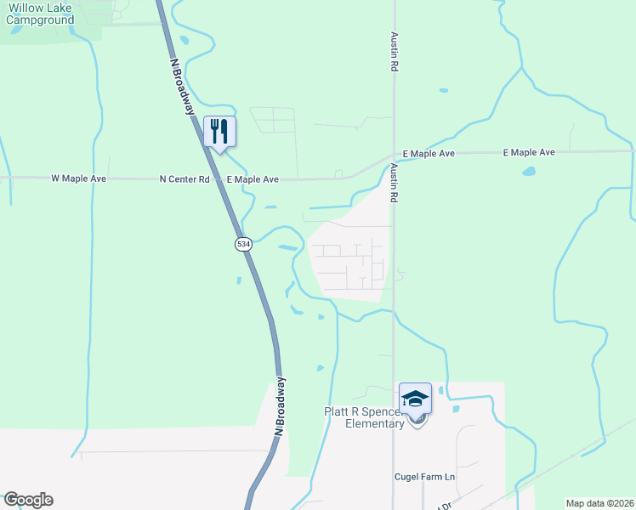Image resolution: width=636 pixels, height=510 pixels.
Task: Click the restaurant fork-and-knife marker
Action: tap(220, 131)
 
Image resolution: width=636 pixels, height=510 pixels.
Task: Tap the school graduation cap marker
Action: tap(416, 399)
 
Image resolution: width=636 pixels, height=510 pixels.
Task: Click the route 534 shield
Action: tap(244, 244)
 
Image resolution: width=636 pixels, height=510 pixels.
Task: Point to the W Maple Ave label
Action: tap(78, 179)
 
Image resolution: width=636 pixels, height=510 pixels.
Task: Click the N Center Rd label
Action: tap(185, 179)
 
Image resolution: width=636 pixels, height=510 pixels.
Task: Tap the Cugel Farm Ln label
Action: tap(425, 477)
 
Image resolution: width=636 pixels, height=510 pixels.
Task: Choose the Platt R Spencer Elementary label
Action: tap(364, 417)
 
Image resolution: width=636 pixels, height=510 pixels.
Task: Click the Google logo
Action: tap(28, 500)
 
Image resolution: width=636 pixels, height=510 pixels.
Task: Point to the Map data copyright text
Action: tap(599, 502)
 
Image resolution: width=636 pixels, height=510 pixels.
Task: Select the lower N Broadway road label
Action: tap(281, 406)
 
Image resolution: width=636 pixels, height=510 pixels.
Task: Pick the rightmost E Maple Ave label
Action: tap(529, 152)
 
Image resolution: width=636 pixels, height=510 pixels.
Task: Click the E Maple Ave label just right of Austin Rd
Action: tap(429, 154)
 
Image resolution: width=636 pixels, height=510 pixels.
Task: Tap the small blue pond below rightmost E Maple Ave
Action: tap(529, 171)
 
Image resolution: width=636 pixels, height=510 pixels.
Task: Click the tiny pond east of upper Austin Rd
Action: tap(442, 89)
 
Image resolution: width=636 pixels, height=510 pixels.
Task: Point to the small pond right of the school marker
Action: tap(457, 410)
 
